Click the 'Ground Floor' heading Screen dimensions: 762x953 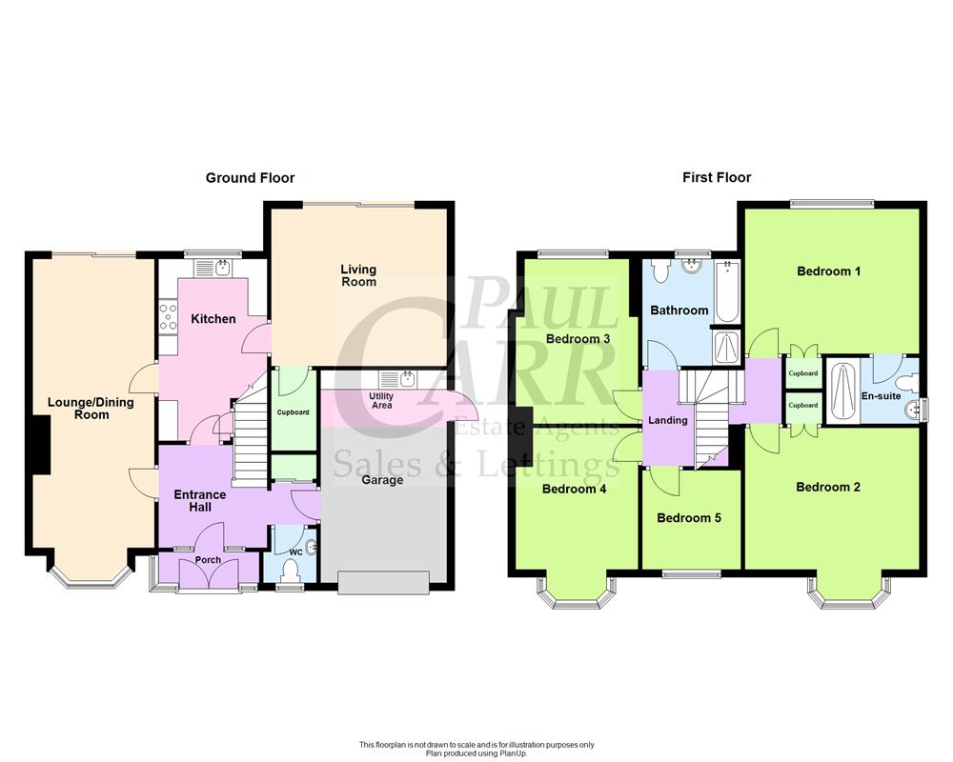pos(251,178)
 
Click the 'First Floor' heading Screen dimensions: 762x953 pos(717,178)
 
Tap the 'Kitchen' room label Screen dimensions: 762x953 pos(213,319)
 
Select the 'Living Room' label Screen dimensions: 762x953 pos(358,275)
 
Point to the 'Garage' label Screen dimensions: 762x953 pos(382,480)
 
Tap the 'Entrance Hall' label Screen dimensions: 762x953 pos(199,500)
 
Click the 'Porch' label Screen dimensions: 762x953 pos(208,560)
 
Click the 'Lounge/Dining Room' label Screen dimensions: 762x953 pos(91,409)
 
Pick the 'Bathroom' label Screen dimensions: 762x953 pos(679,311)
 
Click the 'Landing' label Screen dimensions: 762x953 pos(667,420)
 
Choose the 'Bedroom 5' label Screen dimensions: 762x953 pos(689,519)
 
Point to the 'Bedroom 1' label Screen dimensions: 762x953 pos(828,271)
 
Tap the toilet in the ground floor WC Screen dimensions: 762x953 pos(293,571)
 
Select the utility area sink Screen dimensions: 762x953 pos(400,380)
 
